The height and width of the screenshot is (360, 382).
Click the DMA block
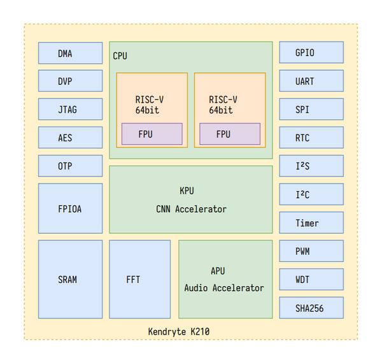70,53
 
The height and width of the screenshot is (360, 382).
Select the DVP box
70,81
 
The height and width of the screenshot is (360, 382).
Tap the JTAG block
70,109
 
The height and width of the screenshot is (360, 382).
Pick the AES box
70,138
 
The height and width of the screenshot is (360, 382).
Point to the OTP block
70,166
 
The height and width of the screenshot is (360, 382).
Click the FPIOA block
70,208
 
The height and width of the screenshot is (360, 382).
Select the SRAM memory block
70,279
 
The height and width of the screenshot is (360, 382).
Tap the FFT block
139,279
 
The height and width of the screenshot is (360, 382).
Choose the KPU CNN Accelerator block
190,199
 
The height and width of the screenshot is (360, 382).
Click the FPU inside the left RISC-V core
152,134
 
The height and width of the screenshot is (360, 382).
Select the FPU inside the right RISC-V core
230,134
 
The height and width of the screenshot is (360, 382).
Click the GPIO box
311,53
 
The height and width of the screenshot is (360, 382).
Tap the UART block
311,81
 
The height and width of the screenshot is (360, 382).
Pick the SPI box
311,109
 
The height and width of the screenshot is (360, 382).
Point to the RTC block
311,138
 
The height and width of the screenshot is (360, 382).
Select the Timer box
311,223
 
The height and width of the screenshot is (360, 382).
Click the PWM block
311,251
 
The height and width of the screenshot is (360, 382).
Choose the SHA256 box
311,308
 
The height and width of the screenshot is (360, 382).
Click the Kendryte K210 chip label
178,331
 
